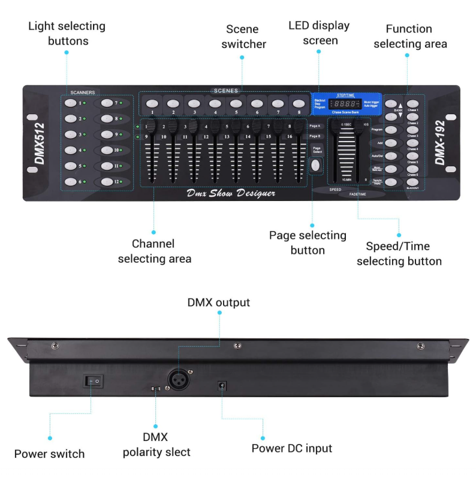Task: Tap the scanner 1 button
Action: [x=70, y=103]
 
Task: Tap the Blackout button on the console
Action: [x=412, y=182]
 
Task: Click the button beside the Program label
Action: [x=391, y=130]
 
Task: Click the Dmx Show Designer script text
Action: [x=230, y=193]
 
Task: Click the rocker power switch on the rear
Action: [x=93, y=380]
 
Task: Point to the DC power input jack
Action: [x=222, y=385]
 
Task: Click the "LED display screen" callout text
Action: [x=320, y=33]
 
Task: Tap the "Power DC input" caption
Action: [x=291, y=448]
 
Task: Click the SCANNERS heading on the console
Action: [x=83, y=93]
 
